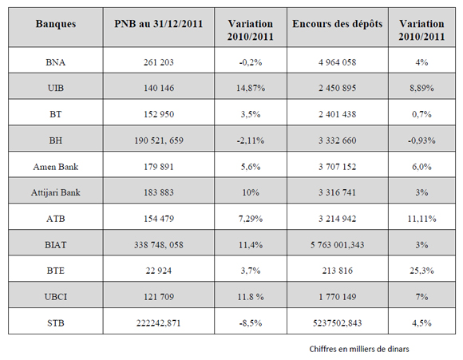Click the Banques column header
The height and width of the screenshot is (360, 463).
[x=56, y=24]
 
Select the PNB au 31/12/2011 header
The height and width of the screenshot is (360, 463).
[x=159, y=24]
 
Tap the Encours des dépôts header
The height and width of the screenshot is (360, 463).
[x=338, y=24]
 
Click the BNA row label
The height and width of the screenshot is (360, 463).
[x=56, y=62]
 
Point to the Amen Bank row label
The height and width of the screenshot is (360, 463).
[x=56, y=167]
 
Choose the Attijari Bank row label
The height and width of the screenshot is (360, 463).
[x=56, y=192]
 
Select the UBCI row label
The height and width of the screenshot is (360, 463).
[x=56, y=297]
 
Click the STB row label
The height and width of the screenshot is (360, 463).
[x=56, y=322]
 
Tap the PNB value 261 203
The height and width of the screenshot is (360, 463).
[x=159, y=62]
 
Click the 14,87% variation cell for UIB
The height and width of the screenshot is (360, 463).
[x=251, y=88]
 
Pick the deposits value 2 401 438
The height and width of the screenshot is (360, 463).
[x=338, y=114]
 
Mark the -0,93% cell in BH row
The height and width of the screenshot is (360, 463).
[x=421, y=140]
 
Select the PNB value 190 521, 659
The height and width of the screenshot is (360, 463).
[x=159, y=140]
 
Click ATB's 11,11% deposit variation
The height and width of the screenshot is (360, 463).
[x=421, y=219]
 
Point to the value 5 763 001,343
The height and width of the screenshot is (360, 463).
[x=338, y=245]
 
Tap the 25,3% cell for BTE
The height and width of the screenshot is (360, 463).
[x=421, y=271]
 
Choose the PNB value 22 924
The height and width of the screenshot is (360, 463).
[x=159, y=271]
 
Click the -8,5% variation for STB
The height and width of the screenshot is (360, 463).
[x=251, y=322]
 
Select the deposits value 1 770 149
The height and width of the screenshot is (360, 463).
[x=338, y=297]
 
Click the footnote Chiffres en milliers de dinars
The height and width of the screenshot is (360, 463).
[x=359, y=349]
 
